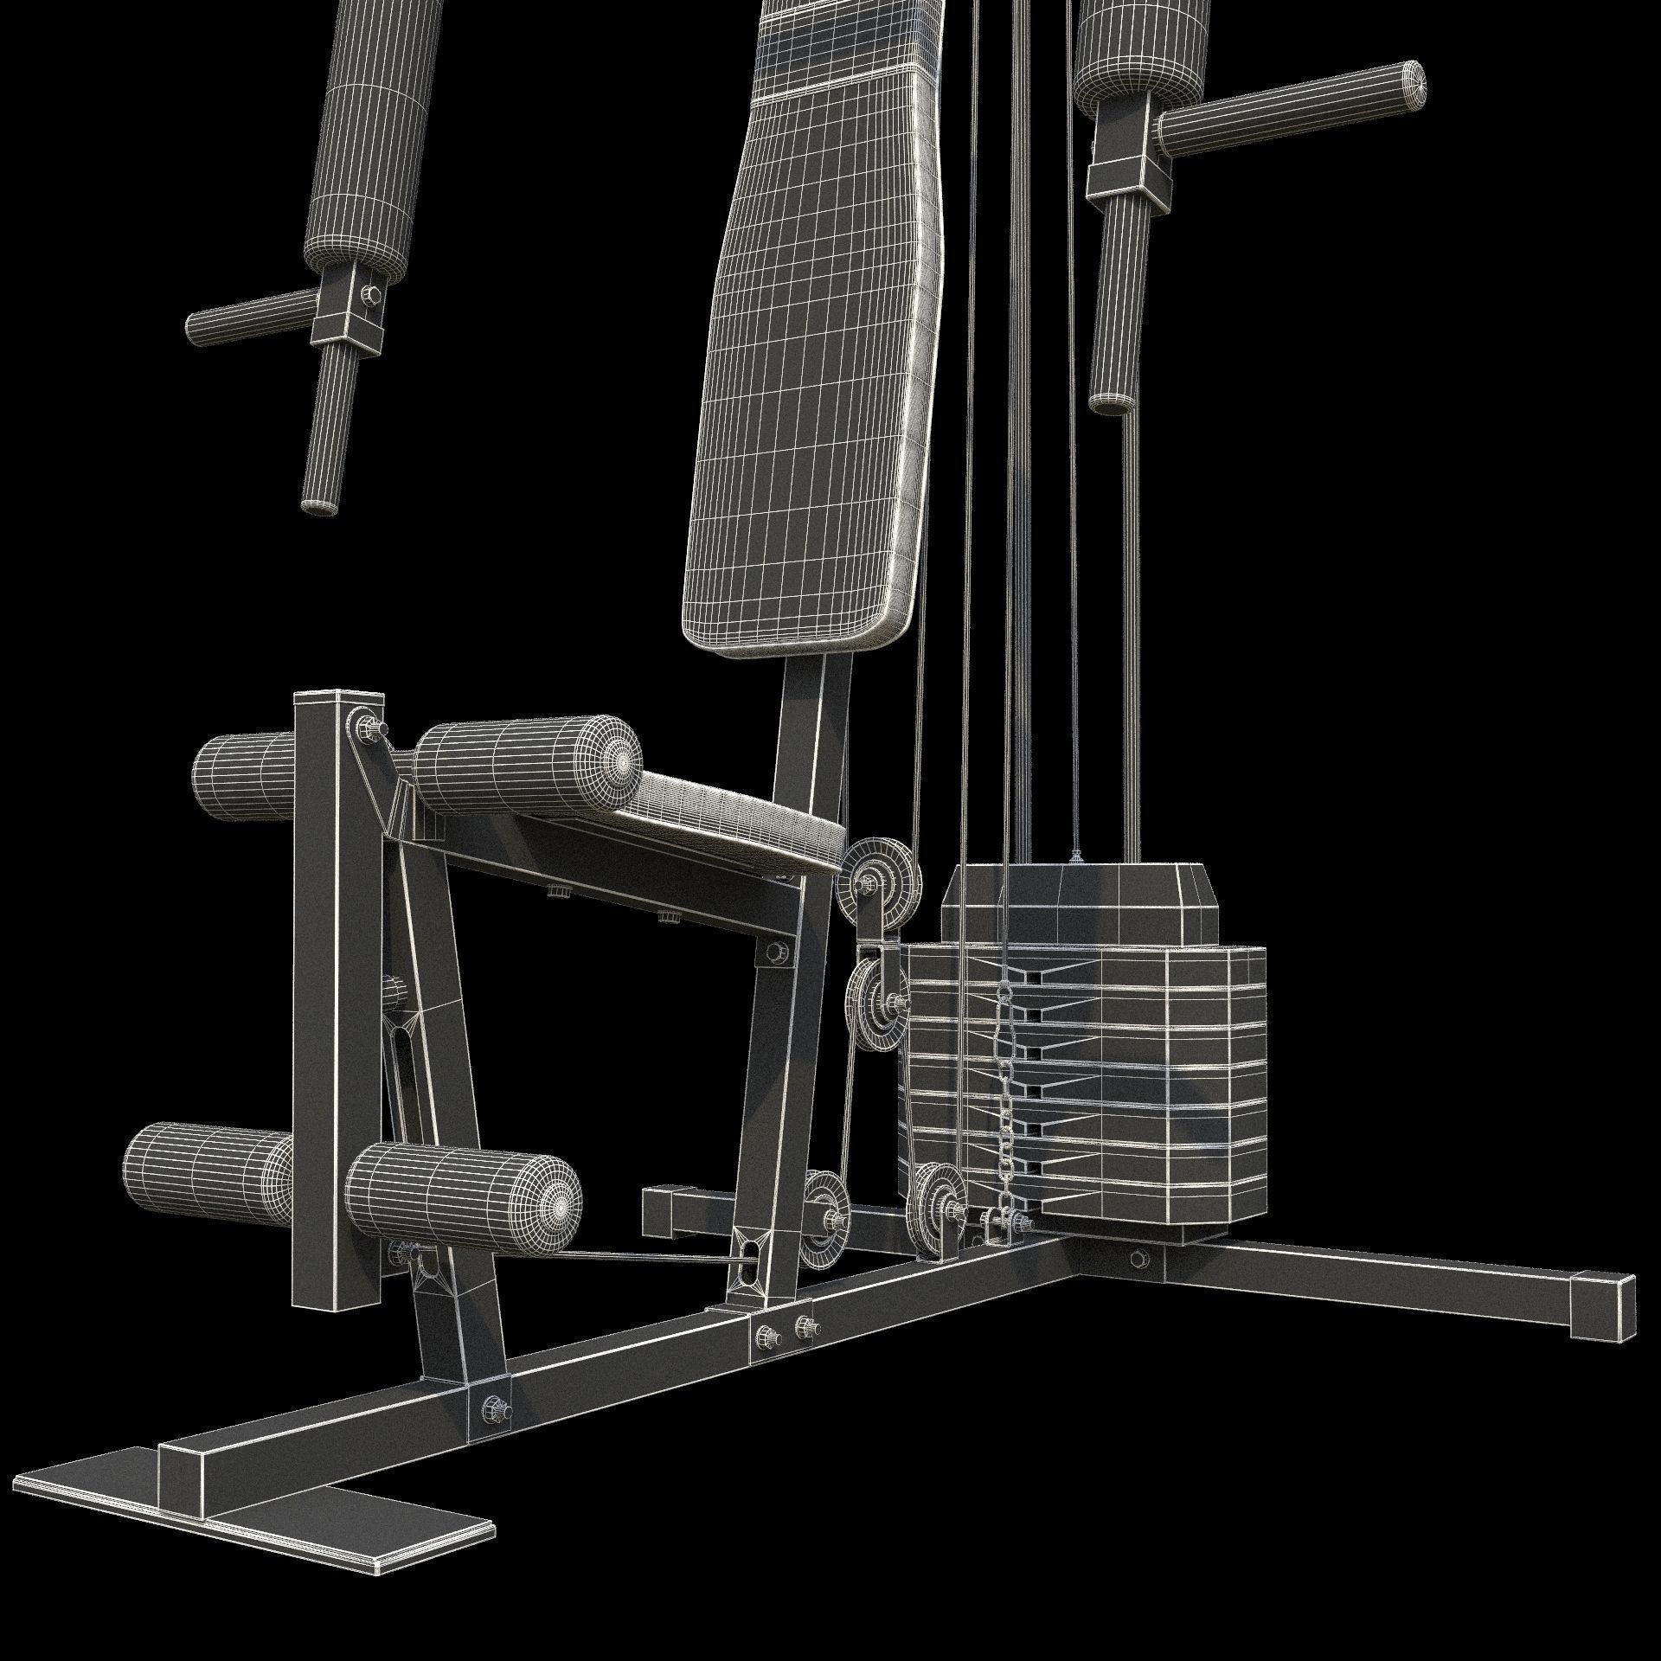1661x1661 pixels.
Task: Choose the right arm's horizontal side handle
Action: pyautogui.click(x=1289, y=108)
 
